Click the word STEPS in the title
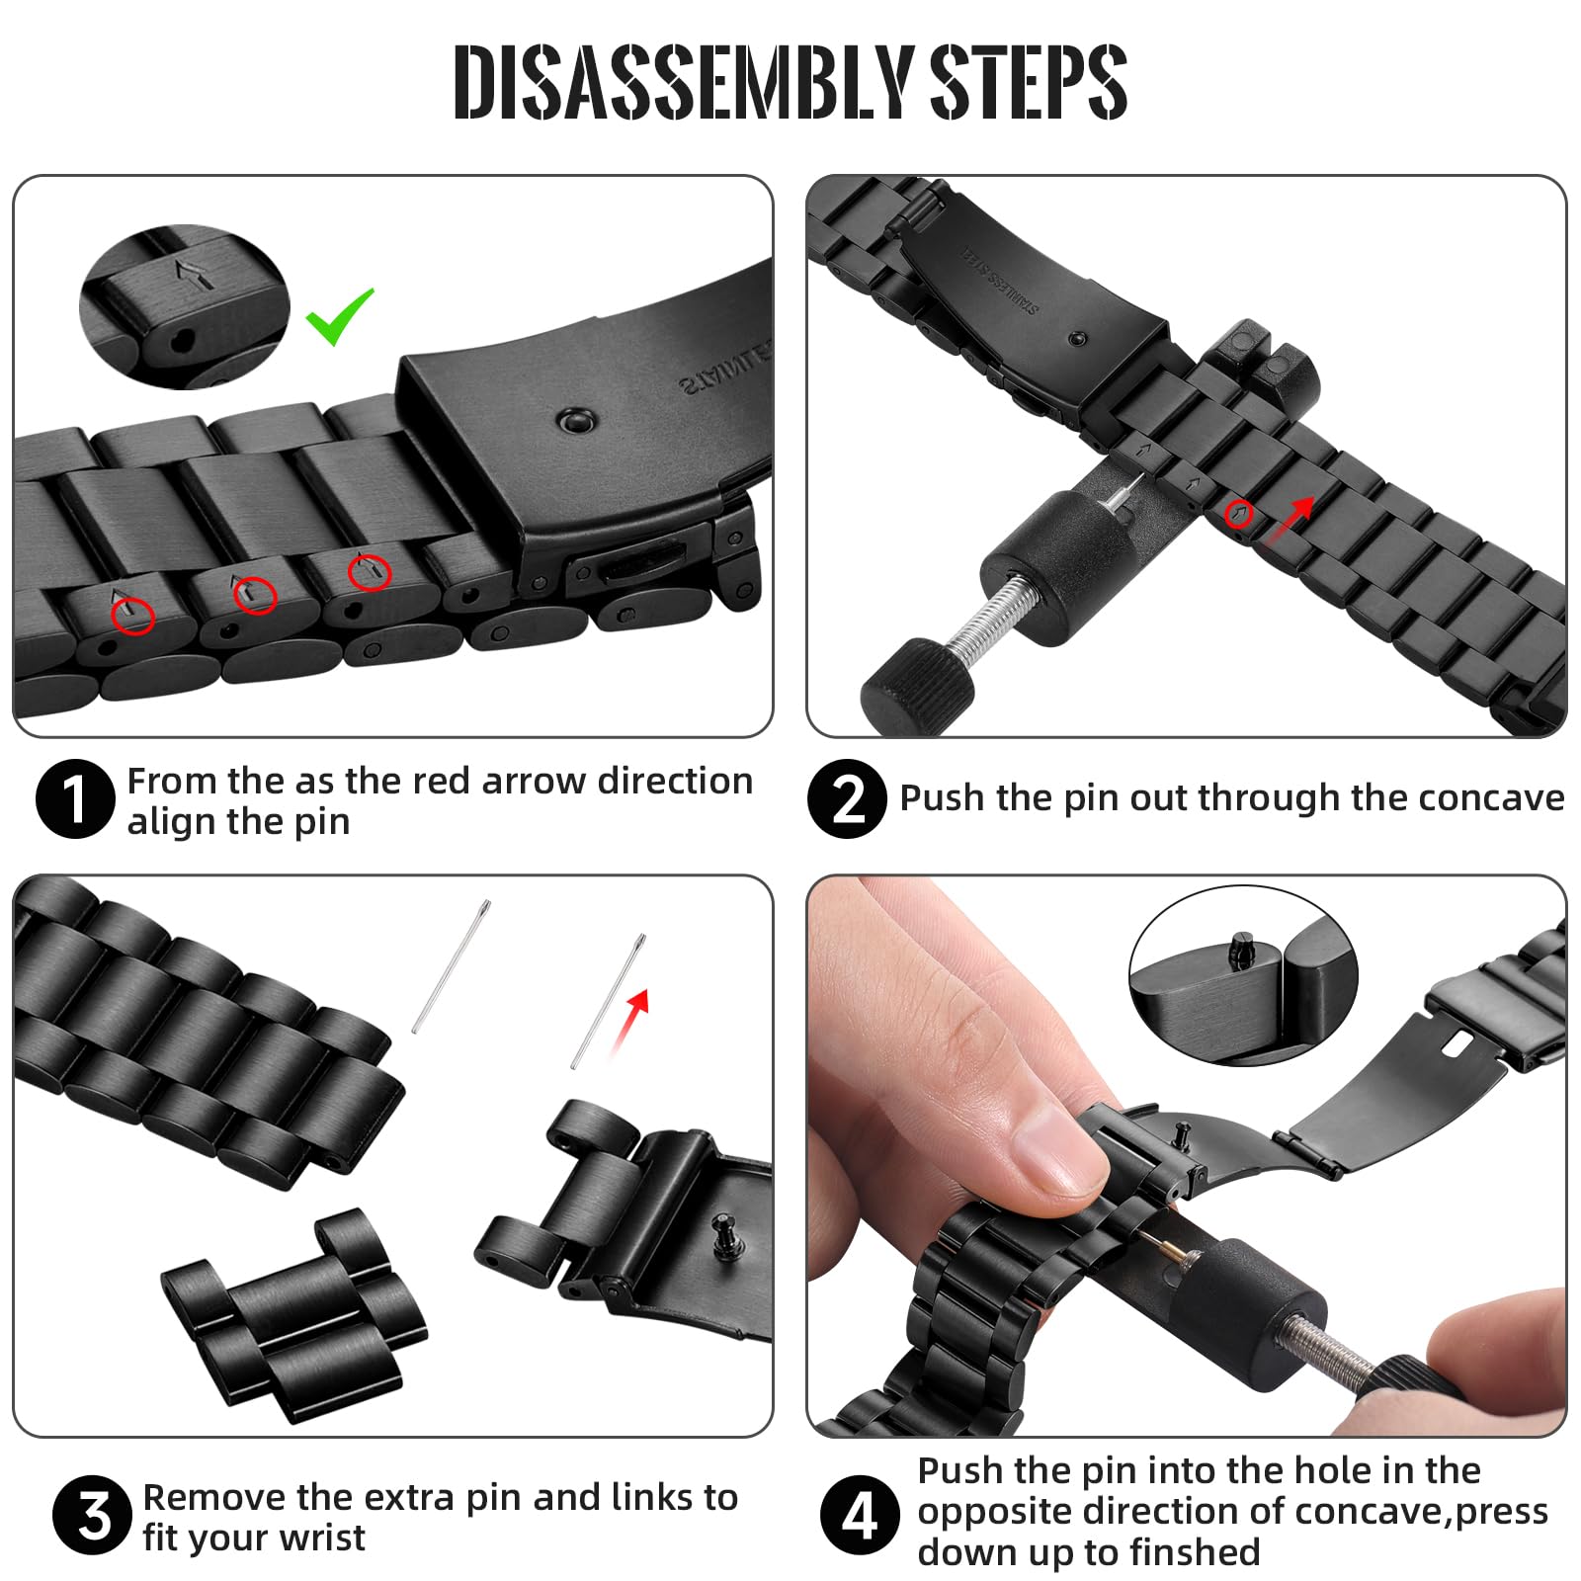tap(1029, 82)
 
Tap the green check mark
tap(340, 316)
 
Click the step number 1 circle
tap(75, 799)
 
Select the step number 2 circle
tap(847, 799)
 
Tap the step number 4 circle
tap(860, 1515)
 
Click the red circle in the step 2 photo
tap(1239, 514)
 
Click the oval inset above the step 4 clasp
tap(1243, 975)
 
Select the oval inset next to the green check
tap(184, 307)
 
